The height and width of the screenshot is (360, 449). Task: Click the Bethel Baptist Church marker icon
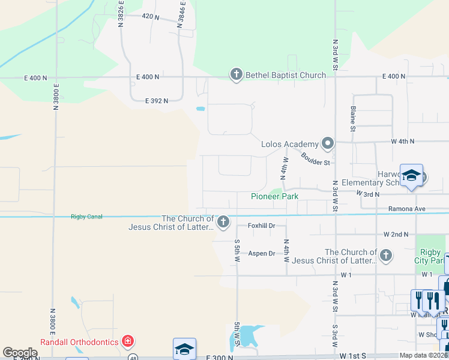(x=236, y=74)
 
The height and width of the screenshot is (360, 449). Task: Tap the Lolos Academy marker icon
(x=327, y=143)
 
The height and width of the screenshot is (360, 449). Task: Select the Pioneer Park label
(x=274, y=196)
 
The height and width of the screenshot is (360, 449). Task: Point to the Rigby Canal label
(x=87, y=217)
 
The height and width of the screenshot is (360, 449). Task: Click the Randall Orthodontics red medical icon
(x=127, y=342)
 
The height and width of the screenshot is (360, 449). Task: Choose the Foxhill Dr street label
(x=262, y=226)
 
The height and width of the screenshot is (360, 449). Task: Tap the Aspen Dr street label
(x=262, y=253)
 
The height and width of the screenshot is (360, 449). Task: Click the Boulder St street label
(x=316, y=159)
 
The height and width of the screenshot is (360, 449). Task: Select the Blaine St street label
(x=353, y=118)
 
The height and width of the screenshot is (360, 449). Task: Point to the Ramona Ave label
(x=408, y=209)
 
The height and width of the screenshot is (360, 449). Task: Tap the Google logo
(x=20, y=353)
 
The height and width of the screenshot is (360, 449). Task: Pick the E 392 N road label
(x=157, y=101)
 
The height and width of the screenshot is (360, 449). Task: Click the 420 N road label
(x=151, y=16)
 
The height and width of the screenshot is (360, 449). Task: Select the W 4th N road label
(x=403, y=142)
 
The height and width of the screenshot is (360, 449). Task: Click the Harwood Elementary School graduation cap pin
(x=411, y=175)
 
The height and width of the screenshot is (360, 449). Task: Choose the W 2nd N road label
(x=396, y=234)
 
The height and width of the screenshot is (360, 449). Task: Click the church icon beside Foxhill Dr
(x=223, y=223)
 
